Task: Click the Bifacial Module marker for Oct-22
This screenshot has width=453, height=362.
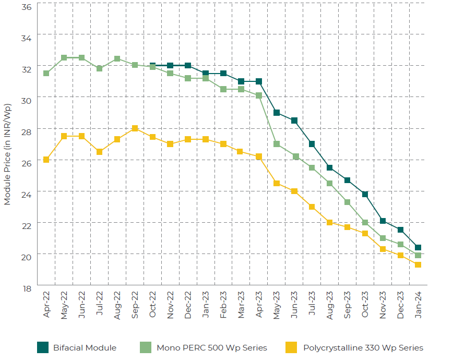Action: click(x=152, y=66)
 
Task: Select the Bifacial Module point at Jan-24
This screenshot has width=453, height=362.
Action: click(x=418, y=248)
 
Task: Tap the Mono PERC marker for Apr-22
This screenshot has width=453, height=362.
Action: click(x=46, y=73)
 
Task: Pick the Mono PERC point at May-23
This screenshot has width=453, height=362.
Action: click(x=277, y=144)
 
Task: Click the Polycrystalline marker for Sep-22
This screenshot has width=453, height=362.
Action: click(x=135, y=128)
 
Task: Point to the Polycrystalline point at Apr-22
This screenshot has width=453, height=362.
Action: click(x=46, y=160)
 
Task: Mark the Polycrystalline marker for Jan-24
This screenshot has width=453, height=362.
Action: click(x=418, y=264)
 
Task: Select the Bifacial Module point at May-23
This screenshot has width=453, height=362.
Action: click(x=277, y=113)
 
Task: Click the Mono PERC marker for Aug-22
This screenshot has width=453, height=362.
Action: click(x=117, y=59)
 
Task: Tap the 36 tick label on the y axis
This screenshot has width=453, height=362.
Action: click(x=27, y=7)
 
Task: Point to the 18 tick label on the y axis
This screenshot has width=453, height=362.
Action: click(x=27, y=287)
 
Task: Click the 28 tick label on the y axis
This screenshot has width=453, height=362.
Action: click(x=27, y=131)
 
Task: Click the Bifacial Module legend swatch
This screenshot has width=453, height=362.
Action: click(x=43, y=347)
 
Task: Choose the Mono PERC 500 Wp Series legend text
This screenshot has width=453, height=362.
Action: click(x=211, y=348)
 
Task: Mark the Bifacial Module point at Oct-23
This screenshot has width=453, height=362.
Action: click(x=365, y=194)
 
